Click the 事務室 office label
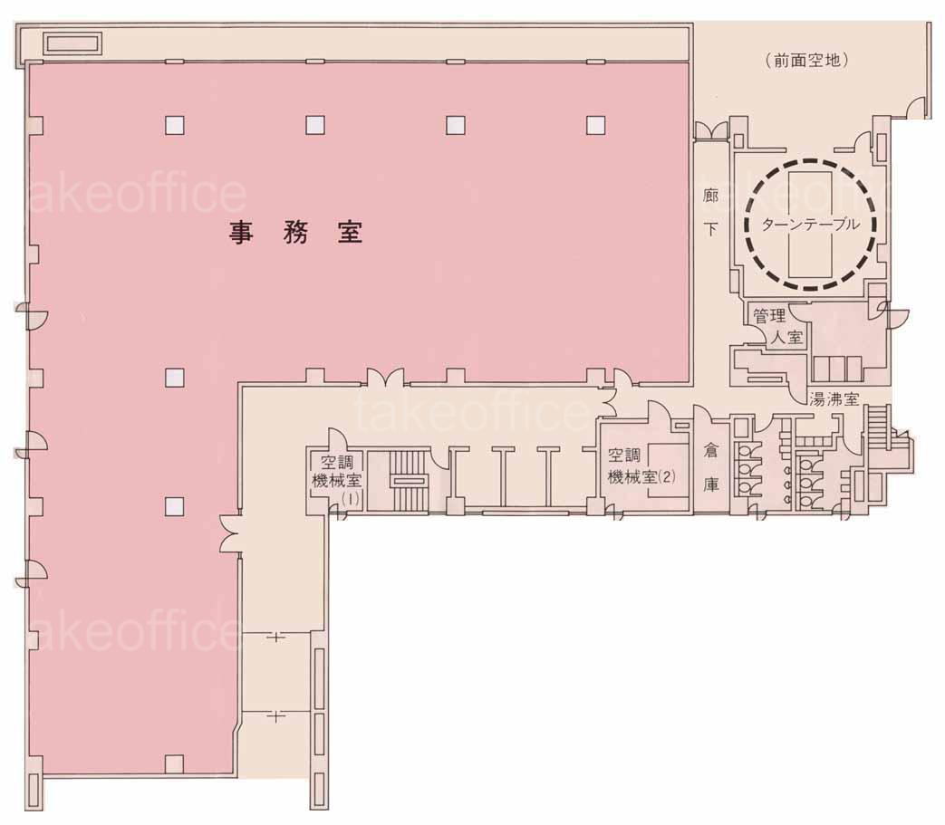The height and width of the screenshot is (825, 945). pyautogui.click(x=295, y=233)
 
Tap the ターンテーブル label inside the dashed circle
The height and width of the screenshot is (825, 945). pyautogui.click(x=811, y=225)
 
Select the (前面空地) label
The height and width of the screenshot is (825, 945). pyautogui.click(x=807, y=60)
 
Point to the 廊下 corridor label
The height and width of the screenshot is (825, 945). pyautogui.click(x=710, y=213)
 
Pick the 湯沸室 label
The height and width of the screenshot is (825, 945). pyautogui.click(x=834, y=398)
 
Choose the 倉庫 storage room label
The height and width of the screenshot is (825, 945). pyautogui.click(x=711, y=467)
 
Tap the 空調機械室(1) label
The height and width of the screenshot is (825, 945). pyautogui.click(x=336, y=480)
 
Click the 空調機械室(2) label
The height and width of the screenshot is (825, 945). pyautogui.click(x=641, y=465)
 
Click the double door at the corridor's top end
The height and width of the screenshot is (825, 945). pyautogui.click(x=711, y=130)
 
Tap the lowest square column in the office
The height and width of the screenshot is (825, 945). pyautogui.click(x=174, y=763)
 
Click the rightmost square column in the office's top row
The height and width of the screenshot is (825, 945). pyautogui.click(x=595, y=125)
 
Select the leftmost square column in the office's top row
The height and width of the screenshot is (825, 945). pyautogui.click(x=175, y=125)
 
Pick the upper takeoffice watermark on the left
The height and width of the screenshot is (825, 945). pyautogui.click(x=136, y=193)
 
